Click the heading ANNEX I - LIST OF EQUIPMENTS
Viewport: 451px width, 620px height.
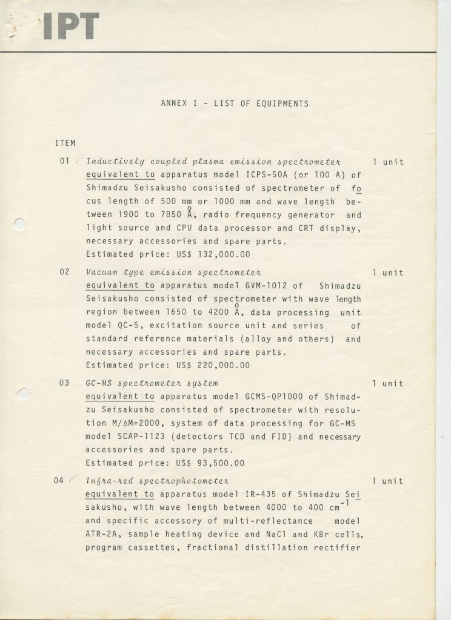click(235, 104)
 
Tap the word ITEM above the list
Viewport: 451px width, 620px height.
click(65, 143)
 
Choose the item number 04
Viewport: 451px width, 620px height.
click(59, 481)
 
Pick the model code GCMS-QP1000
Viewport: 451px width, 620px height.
click(270, 397)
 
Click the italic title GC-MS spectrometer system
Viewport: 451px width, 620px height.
click(152, 383)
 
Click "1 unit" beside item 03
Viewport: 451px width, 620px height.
click(388, 383)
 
